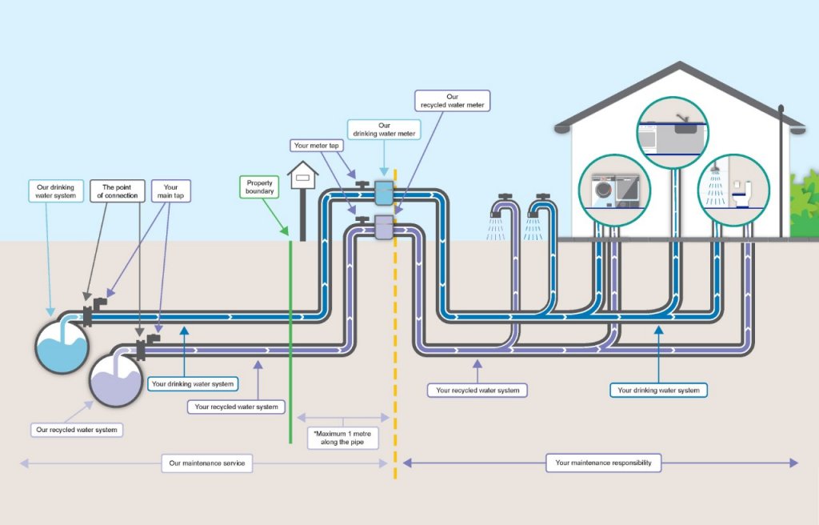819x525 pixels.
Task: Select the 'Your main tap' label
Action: [170, 190]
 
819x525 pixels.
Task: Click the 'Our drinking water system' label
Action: [55, 190]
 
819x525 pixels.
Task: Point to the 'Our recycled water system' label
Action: [77, 430]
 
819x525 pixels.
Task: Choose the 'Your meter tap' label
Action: [314, 146]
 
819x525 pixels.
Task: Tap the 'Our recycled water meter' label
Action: [453, 101]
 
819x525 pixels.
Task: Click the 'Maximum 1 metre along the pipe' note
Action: [343, 437]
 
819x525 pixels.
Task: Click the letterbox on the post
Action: [303, 171]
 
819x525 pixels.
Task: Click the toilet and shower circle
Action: [730, 188]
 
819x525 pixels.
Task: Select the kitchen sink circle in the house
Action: [673, 132]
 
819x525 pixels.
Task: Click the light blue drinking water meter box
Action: [384, 192]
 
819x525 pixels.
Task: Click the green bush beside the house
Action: [804, 205]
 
